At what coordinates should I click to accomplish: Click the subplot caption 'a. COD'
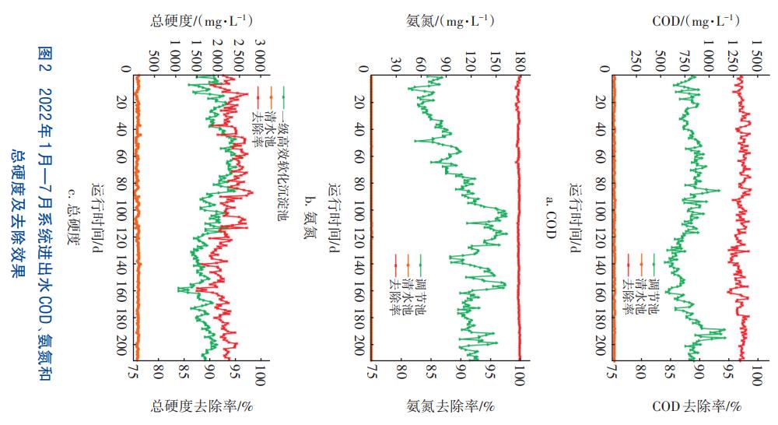[x=550, y=215]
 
